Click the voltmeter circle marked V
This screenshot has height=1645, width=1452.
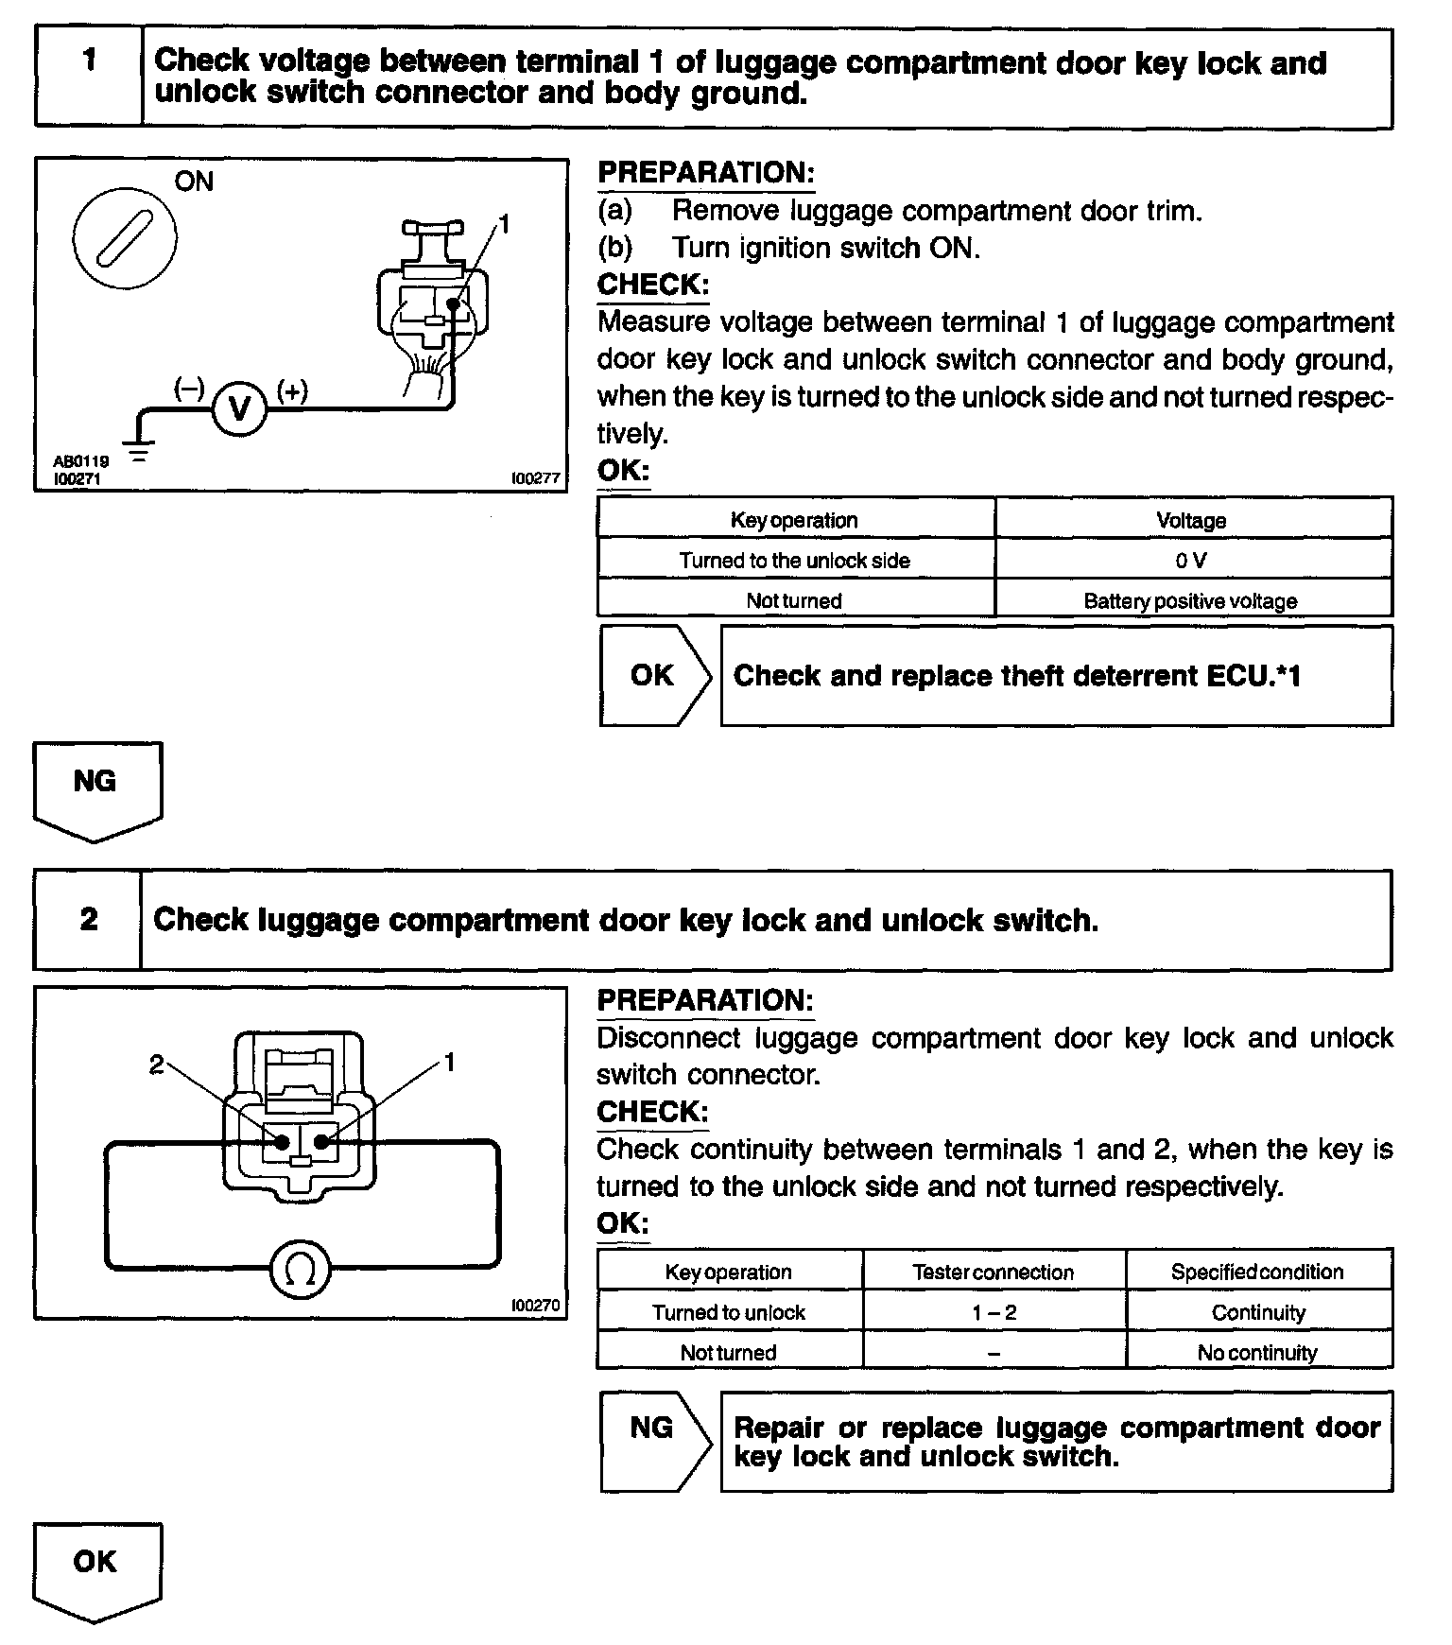(239, 409)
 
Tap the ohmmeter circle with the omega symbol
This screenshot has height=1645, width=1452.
(301, 1272)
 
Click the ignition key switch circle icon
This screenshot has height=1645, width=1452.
(125, 234)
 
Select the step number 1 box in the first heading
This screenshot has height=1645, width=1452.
(89, 78)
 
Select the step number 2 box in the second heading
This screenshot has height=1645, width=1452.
(88, 920)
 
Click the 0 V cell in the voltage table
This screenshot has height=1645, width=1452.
(1192, 560)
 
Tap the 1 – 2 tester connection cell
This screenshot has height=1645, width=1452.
(994, 1312)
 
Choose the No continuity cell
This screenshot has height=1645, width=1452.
(1257, 1352)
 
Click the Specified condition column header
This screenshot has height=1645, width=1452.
(1257, 1272)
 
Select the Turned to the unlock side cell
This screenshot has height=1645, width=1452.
(794, 560)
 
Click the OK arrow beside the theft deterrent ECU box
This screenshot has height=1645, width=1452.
(654, 675)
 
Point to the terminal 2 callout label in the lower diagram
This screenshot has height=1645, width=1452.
(156, 1065)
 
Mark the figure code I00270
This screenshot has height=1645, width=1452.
(535, 1306)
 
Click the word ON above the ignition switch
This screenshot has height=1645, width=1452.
(194, 181)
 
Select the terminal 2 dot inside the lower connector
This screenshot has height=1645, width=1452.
(282, 1142)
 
